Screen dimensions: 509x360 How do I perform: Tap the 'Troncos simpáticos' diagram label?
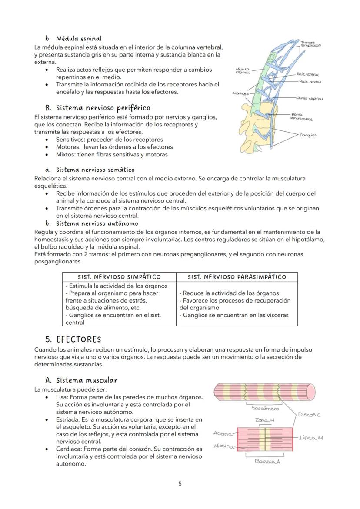point(310,43)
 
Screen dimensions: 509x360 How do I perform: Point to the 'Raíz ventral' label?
point(307,75)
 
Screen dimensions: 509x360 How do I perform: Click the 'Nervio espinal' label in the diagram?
point(310,99)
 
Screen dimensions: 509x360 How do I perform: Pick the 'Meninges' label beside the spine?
point(240,93)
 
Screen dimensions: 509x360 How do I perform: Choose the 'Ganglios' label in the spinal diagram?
point(308,135)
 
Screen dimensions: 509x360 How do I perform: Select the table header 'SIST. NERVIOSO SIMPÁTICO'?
point(119,277)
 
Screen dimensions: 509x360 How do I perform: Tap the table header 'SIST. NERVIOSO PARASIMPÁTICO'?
point(237,277)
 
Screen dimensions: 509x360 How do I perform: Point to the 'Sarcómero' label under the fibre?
point(265,408)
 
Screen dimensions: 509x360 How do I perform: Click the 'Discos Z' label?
point(309,415)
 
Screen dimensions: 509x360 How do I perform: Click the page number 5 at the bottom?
point(180,484)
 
